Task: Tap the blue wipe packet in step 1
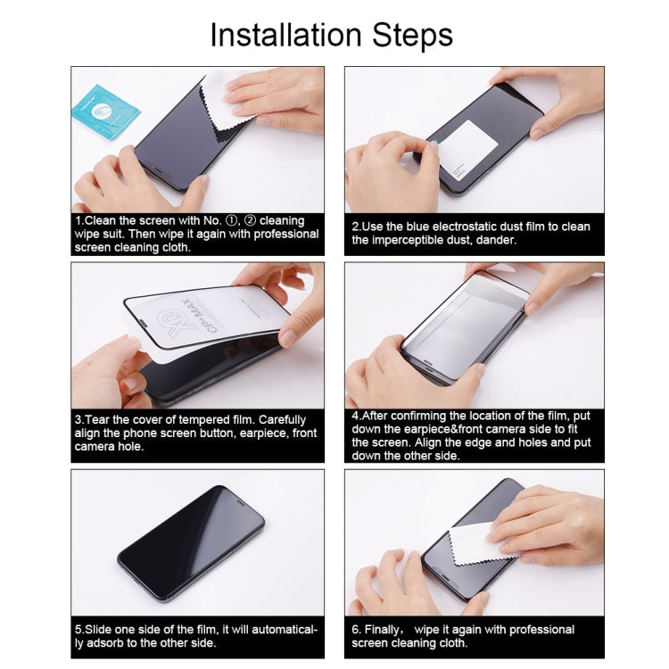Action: [104, 110]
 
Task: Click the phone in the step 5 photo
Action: [190, 532]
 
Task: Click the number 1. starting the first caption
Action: [79, 220]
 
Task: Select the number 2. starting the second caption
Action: [357, 227]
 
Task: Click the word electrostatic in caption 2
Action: [486, 227]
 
